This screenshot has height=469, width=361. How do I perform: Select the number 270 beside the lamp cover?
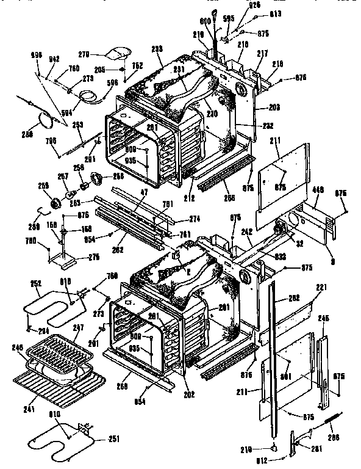tap(101, 54)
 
